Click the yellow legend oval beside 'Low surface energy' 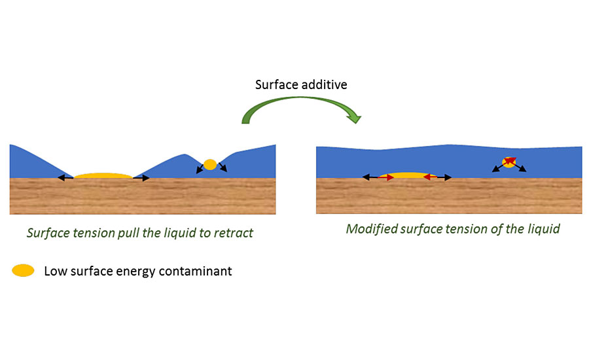pos(22,270)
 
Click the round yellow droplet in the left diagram pos(210,165)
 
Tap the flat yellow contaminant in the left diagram pos(103,176)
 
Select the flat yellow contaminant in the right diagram pos(409,175)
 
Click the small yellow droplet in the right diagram pos(509,162)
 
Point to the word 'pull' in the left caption pos(128,232)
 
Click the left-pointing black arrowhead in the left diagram pos(60,177)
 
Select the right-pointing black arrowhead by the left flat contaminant pos(146,177)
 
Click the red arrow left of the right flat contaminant pos(386,177)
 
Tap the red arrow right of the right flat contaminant pos(430,177)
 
